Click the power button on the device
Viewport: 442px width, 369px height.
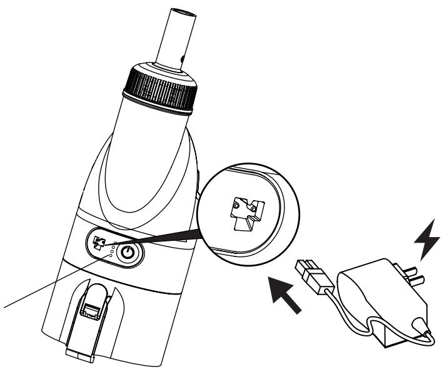coord(128,253)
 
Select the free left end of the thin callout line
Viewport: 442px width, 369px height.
coord(3,308)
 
